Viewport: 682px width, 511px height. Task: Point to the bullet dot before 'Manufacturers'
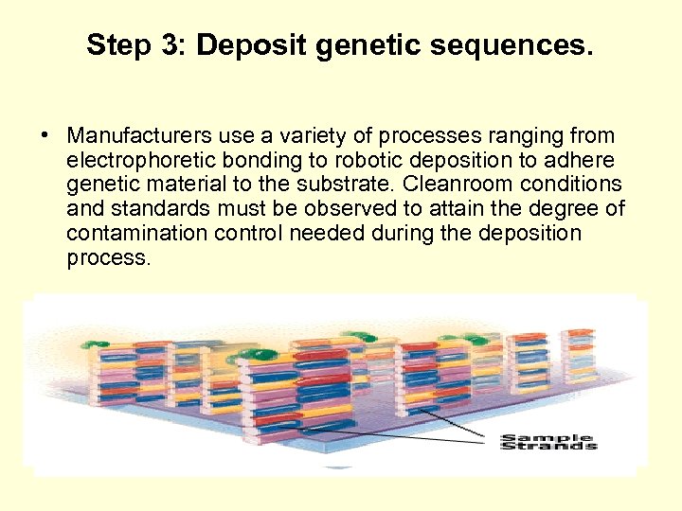pos(45,136)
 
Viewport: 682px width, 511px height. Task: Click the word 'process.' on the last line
pos(108,258)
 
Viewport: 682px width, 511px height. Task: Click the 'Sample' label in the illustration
pos(547,437)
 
